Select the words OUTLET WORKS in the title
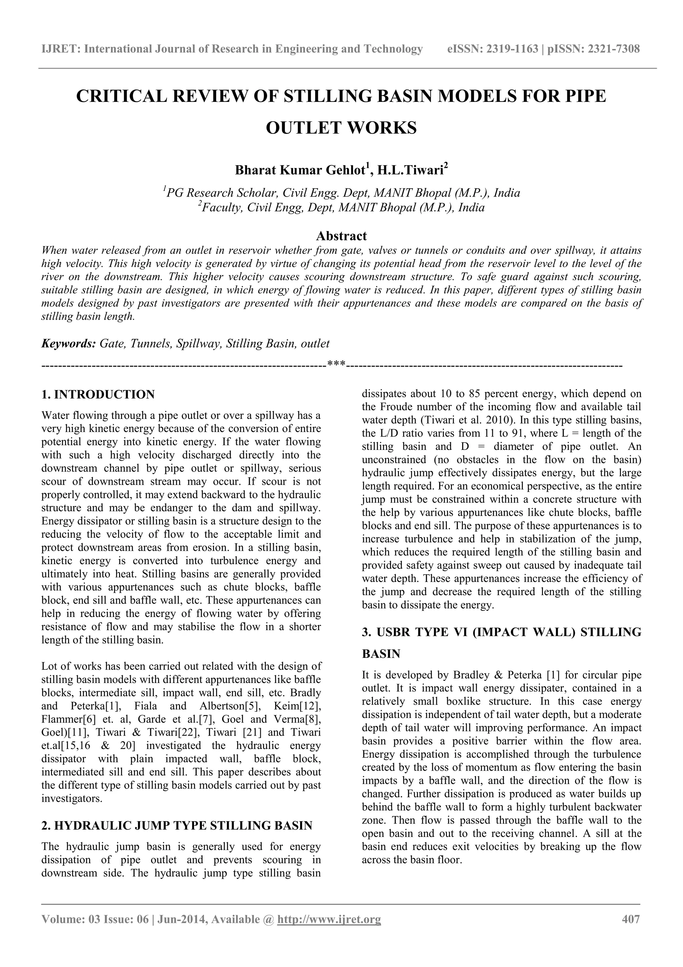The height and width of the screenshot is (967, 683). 341,128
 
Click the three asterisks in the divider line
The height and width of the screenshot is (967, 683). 336,365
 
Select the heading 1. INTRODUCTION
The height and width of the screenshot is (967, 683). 98,395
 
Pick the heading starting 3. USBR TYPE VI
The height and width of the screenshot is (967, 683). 501,633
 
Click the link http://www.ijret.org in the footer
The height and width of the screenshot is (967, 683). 328,919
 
